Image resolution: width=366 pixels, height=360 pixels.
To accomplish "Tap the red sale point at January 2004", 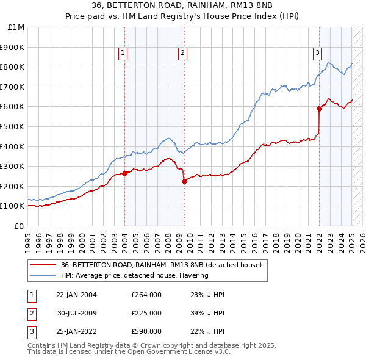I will [x=124, y=173].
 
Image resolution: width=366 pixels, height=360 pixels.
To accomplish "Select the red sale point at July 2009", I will [x=184, y=181].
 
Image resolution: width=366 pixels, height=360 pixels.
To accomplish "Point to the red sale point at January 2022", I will [x=319, y=109].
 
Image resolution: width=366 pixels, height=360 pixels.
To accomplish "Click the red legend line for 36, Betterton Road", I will [x=43, y=265].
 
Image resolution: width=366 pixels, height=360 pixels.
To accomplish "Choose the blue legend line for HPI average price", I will [x=43, y=275].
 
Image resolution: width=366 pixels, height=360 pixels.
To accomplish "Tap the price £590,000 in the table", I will [x=146, y=331].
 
